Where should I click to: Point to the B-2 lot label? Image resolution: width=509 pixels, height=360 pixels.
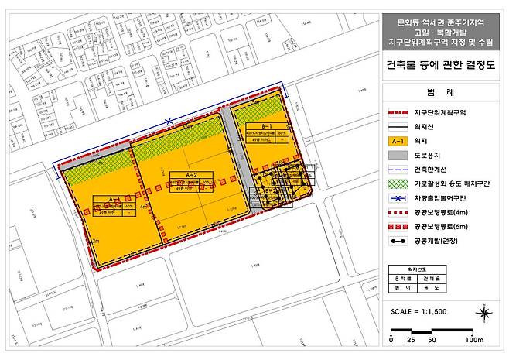(272, 190)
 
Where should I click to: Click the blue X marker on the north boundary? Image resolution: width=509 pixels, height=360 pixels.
(169, 121)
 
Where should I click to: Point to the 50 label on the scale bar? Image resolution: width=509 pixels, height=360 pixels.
(432, 340)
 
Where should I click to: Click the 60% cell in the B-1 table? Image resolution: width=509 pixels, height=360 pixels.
(284, 132)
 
